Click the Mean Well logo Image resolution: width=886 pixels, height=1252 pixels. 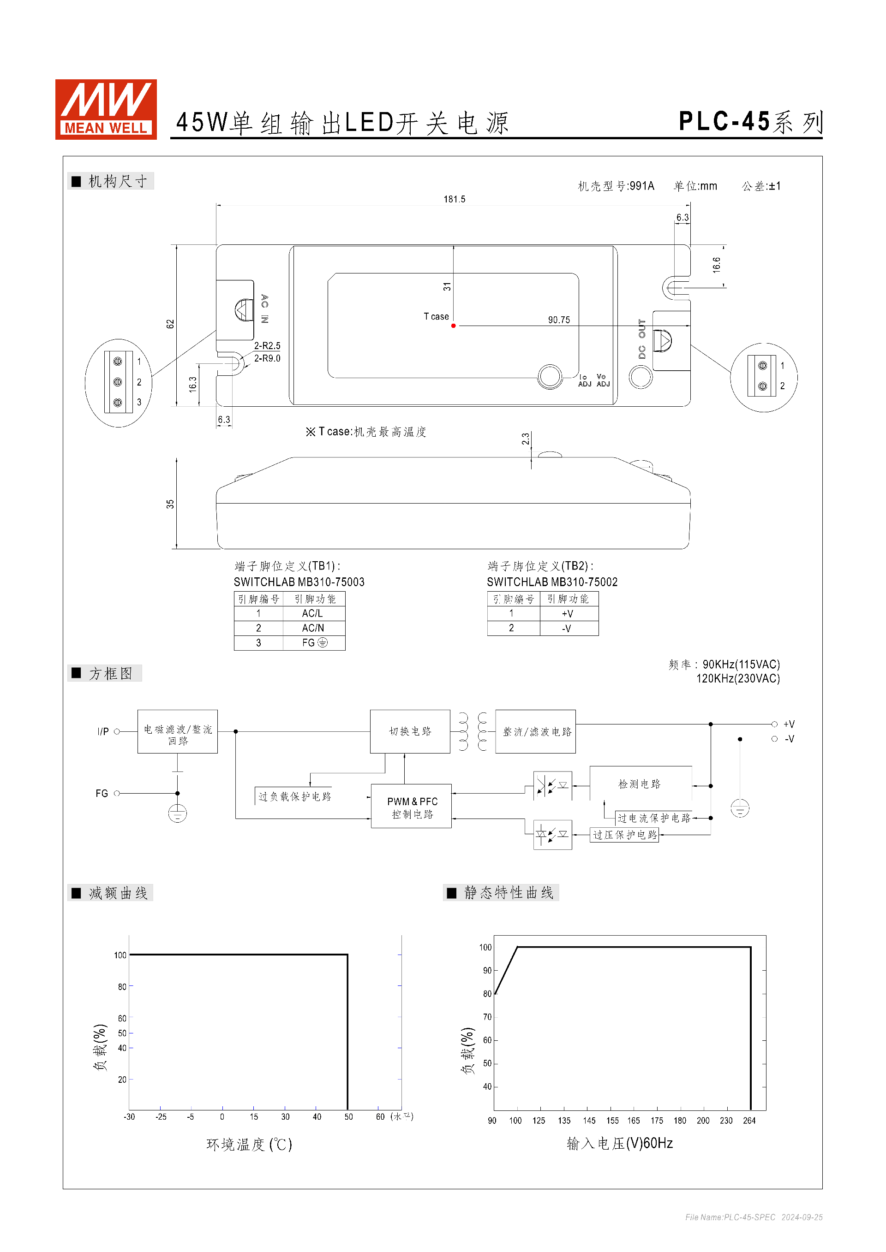(x=106, y=109)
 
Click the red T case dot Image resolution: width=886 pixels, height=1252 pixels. (x=453, y=326)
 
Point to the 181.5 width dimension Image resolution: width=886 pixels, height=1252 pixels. (x=454, y=200)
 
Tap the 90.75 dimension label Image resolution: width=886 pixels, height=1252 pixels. (x=559, y=320)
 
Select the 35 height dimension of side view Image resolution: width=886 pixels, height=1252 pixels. (x=170, y=504)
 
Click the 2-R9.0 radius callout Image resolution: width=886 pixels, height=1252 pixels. (x=267, y=358)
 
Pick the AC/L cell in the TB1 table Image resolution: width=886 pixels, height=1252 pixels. (x=312, y=613)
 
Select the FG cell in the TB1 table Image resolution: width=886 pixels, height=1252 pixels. (x=314, y=643)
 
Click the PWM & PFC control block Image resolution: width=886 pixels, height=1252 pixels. (x=412, y=807)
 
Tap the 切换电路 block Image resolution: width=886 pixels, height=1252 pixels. (x=410, y=731)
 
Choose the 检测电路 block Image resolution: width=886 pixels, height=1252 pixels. (x=640, y=784)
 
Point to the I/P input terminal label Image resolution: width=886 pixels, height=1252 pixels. (x=103, y=732)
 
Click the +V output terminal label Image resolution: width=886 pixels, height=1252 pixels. (x=789, y=724)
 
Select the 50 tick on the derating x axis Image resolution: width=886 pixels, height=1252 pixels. (x=348, y=1117)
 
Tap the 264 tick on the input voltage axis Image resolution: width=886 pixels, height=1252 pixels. (x=749, y=1121)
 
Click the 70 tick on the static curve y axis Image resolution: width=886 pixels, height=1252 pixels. (x=487, y=1017)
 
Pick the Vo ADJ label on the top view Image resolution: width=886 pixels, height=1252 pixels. (x=603, y=380)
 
